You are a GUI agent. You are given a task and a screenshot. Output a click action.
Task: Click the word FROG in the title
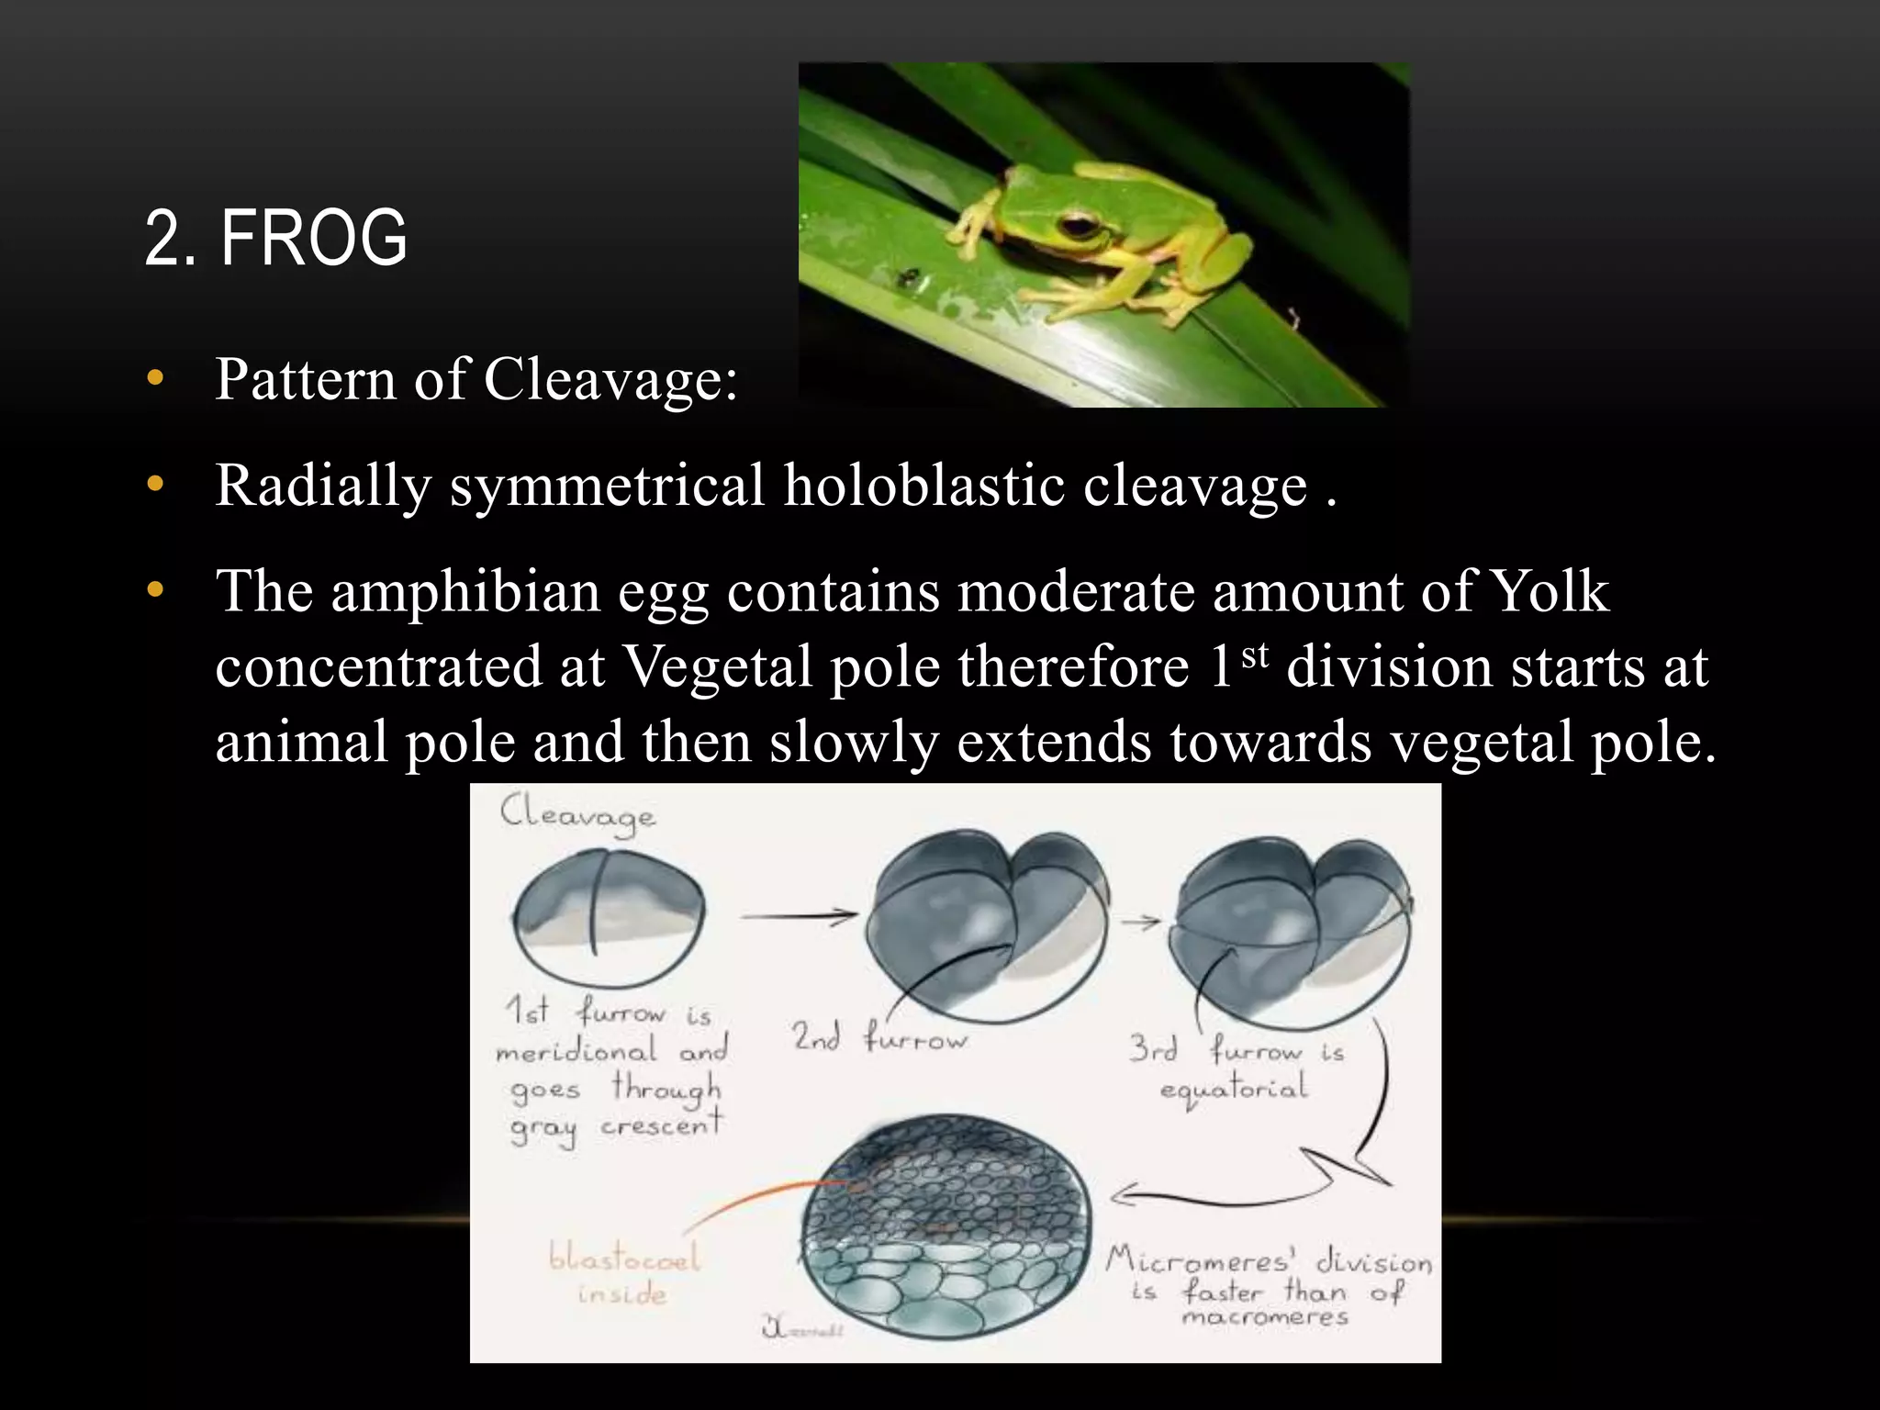point(313,238)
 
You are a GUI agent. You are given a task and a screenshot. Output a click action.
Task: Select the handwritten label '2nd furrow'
point(879,1037)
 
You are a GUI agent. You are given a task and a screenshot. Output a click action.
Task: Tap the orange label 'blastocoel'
point(624,1257)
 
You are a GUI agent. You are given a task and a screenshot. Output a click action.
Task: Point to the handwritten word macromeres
point(1265,1318)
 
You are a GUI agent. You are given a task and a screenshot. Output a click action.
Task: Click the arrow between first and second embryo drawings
point(798,915)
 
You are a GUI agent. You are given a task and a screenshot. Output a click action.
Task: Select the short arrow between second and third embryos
point(1141,922)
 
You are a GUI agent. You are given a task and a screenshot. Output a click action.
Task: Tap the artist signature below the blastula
point(800,1328)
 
